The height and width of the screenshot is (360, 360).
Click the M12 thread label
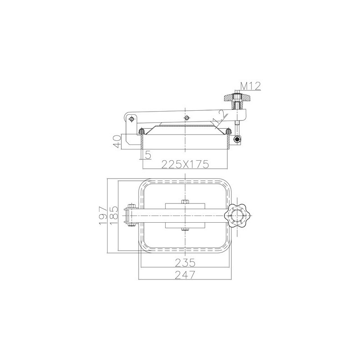[x=251, y=86]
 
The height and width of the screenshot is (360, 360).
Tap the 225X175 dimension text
[x=185, y=164]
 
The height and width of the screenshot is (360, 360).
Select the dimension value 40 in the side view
[x=117, y=141]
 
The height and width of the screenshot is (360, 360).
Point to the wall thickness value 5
[x=148, y=155]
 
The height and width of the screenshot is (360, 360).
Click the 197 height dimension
[x=103, y=216]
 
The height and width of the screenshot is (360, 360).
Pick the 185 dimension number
[x=114, y=216]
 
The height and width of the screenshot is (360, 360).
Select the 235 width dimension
[x=185, y=263]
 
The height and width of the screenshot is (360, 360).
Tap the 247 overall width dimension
[x=185, y=275]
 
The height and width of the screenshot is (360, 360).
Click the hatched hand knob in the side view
[x=237, y=98]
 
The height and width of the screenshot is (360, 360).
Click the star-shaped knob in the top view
[x=237, y=216]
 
